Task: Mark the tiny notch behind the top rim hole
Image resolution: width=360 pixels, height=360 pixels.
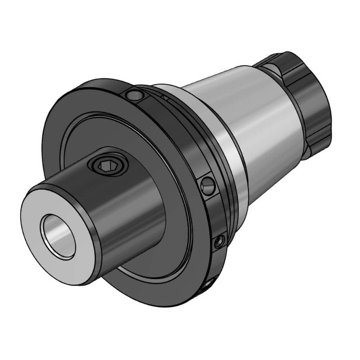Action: click(x=165, y=97)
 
